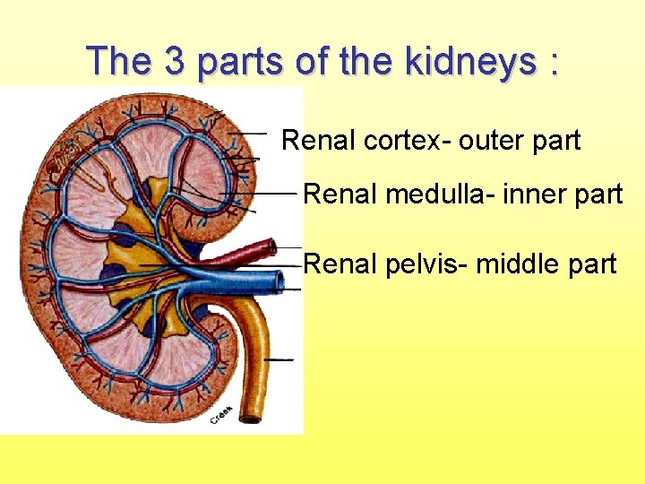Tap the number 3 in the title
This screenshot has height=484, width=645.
[x=176, y=62]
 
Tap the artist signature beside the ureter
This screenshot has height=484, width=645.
[x=221, y=415]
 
